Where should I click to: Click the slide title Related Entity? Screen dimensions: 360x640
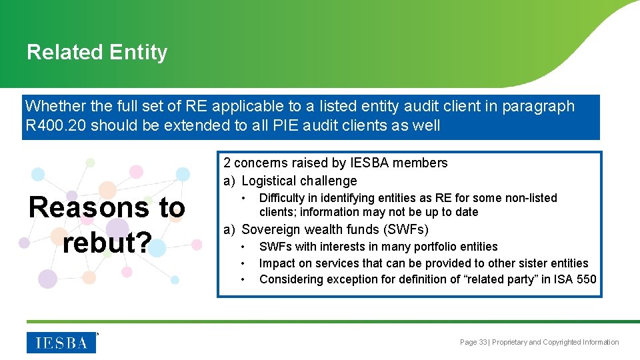click(97, 52)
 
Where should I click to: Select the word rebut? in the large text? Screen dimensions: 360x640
click(107, 242)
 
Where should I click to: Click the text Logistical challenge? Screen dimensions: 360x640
click(299, 181)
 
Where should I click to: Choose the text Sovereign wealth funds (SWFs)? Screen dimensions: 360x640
click(335, 230)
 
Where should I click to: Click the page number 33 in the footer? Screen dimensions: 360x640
click(483, 342)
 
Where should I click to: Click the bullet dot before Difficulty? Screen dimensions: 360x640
click(245, 198)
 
